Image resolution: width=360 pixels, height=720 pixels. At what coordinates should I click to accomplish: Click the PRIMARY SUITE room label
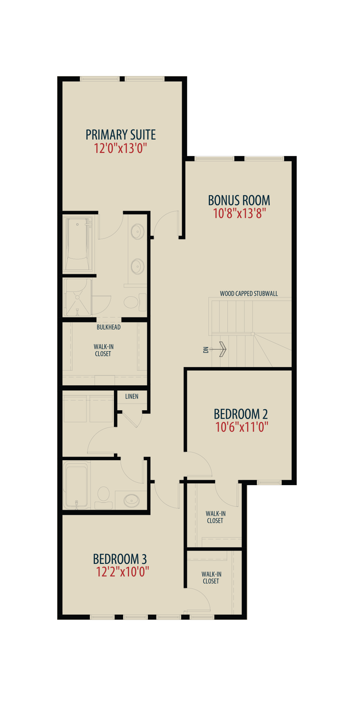[x=121, y=135]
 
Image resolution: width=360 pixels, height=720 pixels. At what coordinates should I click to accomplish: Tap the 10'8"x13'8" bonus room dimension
[x=239, y=213]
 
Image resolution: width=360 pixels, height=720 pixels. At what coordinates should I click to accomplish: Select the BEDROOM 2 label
[x=241, y=414]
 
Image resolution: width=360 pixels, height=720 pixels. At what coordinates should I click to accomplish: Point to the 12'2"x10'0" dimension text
[x=123, y=572]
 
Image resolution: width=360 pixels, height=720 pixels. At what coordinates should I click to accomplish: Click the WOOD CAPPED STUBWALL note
[x=249, y=294]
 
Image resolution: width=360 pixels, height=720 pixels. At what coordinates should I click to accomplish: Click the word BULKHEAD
[x=109, y=327]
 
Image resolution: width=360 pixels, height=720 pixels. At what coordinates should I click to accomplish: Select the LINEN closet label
[x=132, y=397]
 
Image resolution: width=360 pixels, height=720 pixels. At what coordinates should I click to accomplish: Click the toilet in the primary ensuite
[x=135, y=302]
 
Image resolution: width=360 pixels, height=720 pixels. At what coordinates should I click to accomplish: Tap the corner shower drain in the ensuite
[x=77, y=298]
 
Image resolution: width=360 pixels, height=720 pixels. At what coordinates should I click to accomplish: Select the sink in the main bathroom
[x=132, y=500]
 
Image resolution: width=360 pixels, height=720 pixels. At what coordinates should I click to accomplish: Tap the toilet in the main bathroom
[x=104, y=497]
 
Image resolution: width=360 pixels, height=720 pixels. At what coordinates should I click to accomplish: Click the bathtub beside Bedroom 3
[x=76, y=486]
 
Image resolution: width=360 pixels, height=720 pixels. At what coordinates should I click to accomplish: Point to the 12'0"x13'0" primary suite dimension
[x=120, y=148]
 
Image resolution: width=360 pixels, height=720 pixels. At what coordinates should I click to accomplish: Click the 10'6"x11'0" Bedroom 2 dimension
[x=242, y=427]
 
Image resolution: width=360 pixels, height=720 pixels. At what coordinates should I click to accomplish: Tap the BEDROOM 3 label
[x=120, y=559]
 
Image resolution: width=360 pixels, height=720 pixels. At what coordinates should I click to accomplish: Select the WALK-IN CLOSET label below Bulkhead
[x=103, y=350]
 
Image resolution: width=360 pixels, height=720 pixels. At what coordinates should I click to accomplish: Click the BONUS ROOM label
[x=239, y=200]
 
